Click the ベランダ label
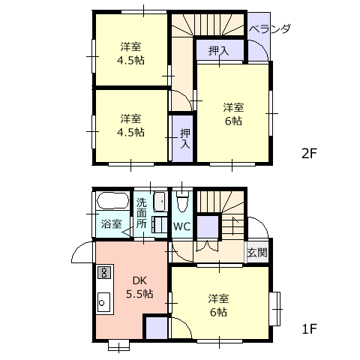click(270, 29)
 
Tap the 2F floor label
click(309, 153)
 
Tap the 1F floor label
click(309, 328)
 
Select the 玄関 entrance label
click(257, 253)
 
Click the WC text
click(182, 226)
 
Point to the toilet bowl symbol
click(181, 202)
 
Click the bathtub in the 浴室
click(113, 201)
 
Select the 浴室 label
click(112, 223)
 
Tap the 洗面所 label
click(141, 213)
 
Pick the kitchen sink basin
click(103, 302)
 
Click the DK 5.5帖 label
click(139, 287)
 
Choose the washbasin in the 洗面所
click(159, 202)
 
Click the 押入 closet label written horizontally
click(219, 51)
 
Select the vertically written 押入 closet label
click(185, 139)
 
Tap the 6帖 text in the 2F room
click(233, 121)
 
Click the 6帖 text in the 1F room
click(219, 312)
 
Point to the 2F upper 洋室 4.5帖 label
click(130, 53)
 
